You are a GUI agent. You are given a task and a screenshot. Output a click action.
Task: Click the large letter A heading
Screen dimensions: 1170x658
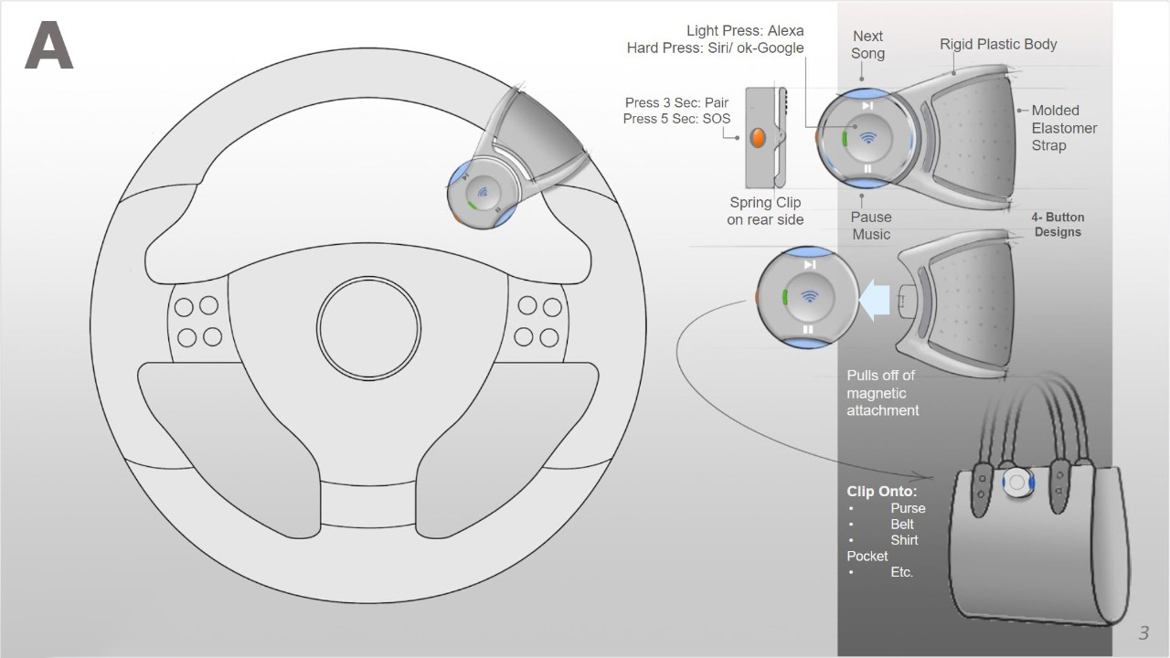(x=49, y=46)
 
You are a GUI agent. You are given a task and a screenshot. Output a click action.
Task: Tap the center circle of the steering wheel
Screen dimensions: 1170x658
(x=368, y=328)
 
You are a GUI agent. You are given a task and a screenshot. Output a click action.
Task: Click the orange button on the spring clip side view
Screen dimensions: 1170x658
(x=758, y=138)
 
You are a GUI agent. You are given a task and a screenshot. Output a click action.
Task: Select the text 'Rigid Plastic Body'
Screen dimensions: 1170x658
(x=998, y=45)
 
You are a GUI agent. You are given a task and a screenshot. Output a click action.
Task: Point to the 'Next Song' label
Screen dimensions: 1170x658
(x=867, y=45)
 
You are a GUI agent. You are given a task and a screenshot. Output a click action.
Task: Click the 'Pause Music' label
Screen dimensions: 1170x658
(x=871, y=226)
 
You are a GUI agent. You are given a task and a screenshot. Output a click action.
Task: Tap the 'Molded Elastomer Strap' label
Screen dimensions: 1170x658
(x=1064, y=128)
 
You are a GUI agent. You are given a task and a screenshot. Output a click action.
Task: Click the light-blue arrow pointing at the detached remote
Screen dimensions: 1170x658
(x=874, y=300)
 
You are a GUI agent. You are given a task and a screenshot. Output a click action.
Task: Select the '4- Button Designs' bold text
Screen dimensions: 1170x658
(x=1058, y=225)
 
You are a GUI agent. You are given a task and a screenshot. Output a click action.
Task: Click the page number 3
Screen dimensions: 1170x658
(x=1143, y=633)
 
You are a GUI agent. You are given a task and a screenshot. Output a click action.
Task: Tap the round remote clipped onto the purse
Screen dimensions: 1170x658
(x=1018, y=483)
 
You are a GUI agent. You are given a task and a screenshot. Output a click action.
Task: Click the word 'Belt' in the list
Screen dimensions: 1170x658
(x=902, y=525)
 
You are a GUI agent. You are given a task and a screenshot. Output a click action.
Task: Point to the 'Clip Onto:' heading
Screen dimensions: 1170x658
(x=882, y=492)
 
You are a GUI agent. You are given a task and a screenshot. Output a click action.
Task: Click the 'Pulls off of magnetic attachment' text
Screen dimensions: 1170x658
(x=882, y=393)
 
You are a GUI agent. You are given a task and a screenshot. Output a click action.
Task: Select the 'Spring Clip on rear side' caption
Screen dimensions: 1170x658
(x=765, y=211)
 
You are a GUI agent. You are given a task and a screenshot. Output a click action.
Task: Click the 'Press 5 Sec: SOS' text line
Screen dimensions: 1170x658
(x=676, y=119)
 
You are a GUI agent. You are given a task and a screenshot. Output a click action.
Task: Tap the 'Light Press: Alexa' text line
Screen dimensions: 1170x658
(x=745, y=31)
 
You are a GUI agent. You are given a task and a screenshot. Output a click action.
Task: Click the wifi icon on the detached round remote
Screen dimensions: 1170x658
(x=809, y=297)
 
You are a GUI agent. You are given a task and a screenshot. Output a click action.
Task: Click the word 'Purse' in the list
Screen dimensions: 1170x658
(x=908, y=508)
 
